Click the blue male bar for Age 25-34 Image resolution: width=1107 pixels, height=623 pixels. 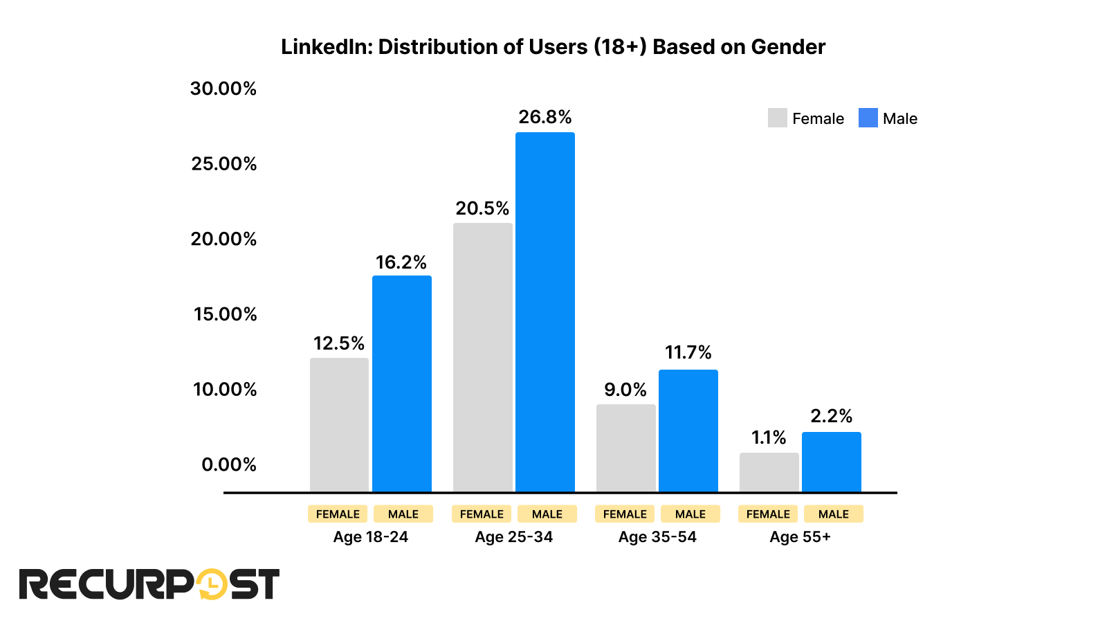[x=545, y=311]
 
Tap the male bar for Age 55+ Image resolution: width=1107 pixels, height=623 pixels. [x=831, y=462]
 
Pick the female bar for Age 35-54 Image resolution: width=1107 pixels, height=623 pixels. [x=625, y=448]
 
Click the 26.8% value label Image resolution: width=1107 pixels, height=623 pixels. [x=545, y=117]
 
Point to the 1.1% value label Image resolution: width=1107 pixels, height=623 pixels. [x=769, y=437]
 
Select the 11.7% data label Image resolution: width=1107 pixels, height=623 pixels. [x=688, y=352]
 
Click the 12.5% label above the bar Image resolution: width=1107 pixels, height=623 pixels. [x=338, y=343]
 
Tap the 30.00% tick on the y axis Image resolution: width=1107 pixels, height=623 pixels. [x=223, y=89]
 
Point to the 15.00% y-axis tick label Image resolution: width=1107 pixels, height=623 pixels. [x=225, y=314]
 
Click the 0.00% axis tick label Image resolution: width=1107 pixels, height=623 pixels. [x=228, y=464]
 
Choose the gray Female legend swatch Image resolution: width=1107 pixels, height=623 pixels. [x=777, y=118]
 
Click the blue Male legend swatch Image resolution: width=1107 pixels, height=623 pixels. [x=868, y=118]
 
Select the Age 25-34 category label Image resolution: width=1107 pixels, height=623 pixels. [x=513, y=537]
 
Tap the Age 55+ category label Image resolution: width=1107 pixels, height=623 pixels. [x=800, y=537]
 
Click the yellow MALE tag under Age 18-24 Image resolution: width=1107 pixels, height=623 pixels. [x=403, y=514]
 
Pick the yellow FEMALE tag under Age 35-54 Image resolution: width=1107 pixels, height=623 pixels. [x=624, y=514]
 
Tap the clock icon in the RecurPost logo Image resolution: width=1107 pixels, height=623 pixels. [x=212, y=584]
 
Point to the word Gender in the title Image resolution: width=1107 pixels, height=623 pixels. [x=788, y=46]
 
